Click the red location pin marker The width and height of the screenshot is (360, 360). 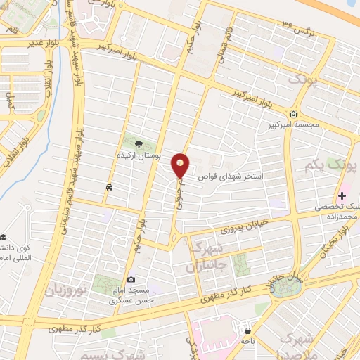tap(181, 165)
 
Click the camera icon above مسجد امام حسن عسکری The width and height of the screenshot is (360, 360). tap(131, 280)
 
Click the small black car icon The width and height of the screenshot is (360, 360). tap(109, 188)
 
